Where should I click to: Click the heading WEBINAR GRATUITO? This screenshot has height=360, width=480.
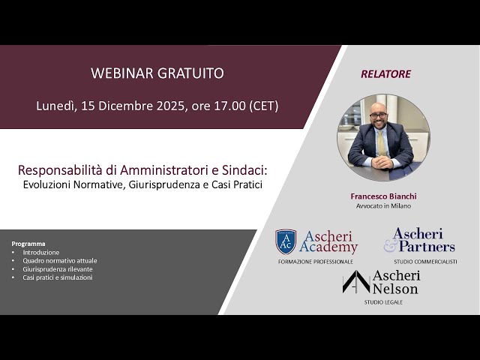pos(157,73)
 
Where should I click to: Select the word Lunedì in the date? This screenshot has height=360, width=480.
pos(55,106)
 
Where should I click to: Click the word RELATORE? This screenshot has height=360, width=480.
pos(385,74)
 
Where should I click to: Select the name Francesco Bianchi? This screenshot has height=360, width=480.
pos(383,196)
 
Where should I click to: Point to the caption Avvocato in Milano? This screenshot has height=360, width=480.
pos(383,205)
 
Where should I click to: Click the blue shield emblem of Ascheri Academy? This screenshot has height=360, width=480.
pos(286,241)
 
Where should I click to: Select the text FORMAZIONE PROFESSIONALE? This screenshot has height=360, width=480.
pos(315,261)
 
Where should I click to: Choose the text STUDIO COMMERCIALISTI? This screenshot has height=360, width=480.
pos(425,261)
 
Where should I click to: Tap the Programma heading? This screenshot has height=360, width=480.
pos(28,244)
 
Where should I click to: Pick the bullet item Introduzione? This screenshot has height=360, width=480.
pos(40,253)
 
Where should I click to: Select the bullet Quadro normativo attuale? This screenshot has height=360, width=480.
pos(59,261)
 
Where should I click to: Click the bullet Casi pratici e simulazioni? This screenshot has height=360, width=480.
pos(57,277)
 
